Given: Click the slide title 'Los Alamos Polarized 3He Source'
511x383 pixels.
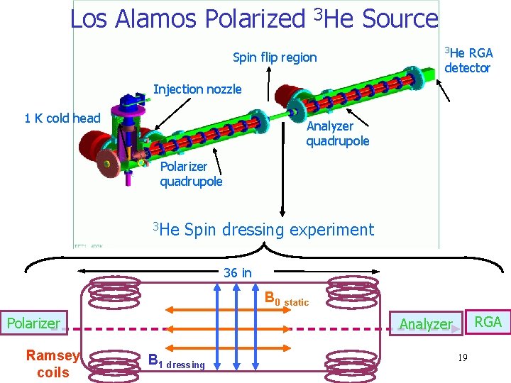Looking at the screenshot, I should coord(254,19).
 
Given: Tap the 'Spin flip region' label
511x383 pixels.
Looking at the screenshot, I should coord(275,57).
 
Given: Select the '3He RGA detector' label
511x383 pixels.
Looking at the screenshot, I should coord(468,60).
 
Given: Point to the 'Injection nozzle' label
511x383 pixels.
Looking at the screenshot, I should coord(197,89).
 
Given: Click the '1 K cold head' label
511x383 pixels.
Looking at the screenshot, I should coord(62,118).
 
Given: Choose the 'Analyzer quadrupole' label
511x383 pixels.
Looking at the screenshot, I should coord(337,133).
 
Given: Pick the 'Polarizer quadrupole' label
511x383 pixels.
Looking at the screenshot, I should coord(190,174).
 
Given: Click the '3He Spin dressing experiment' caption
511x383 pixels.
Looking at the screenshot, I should coord(263,229).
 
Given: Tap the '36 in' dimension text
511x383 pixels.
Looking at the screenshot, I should coord(237,273).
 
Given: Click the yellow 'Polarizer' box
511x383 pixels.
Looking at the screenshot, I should coord(33,323).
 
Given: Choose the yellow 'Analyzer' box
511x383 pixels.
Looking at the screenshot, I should coord(425,324).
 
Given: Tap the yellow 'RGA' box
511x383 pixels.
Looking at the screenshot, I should coord(488,322).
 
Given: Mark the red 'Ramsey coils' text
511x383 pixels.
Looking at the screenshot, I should coord(53,364).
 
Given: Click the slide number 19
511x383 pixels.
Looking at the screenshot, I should coord(462,357).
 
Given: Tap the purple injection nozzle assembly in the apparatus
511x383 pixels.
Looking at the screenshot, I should coord(131,106).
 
